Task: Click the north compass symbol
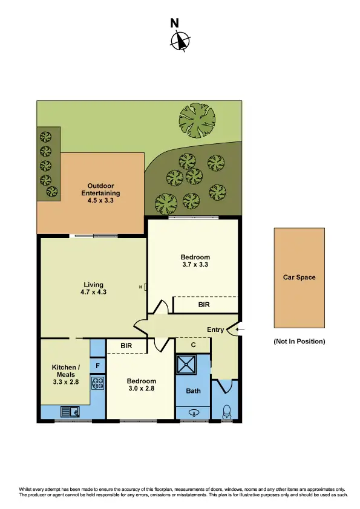click(180, 41)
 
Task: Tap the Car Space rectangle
click(299, 277)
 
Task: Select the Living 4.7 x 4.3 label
click(94, 288)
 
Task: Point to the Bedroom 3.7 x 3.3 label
click(195, 261)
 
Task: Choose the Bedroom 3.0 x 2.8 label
click(142, 385)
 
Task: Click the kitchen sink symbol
click(70, 412)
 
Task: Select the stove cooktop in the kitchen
click(98, 383)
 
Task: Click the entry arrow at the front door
click(239, 329)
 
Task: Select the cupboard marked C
click(192, 345)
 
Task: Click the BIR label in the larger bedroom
click(205, 306)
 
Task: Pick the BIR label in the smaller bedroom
click(126, 346)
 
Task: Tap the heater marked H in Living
click(144, 287)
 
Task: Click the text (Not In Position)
click(299, 342)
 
